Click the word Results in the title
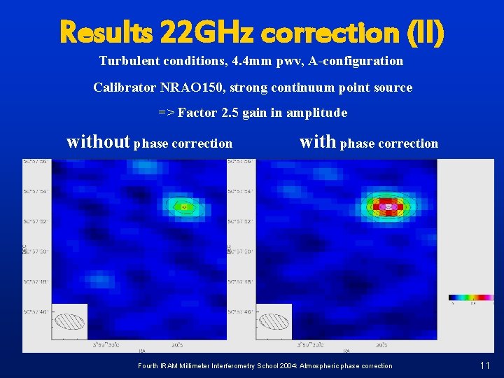[x=106, y=31]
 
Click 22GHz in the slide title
[x=207, y=31]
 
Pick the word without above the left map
[x=98, y=142]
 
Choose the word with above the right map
[x=317, y=142]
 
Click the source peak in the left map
[x=184, y=206]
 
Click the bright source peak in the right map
[x=388, y=206]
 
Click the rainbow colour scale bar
[x=471, y=297]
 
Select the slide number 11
[x=485, y=365]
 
